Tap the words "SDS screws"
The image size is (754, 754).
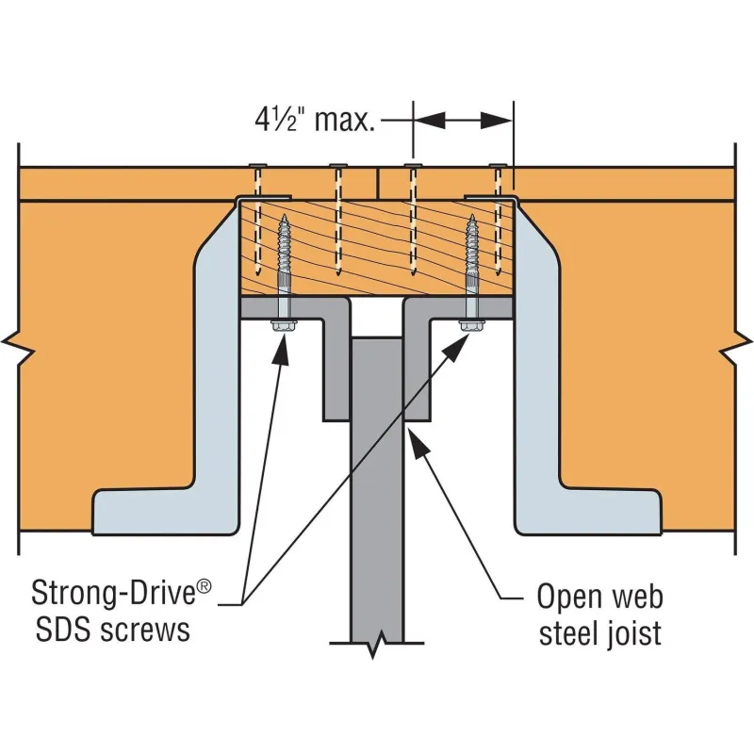110,629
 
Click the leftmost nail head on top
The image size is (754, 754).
256,166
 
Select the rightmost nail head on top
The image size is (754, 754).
497,166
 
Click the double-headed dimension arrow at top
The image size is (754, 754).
463,120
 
